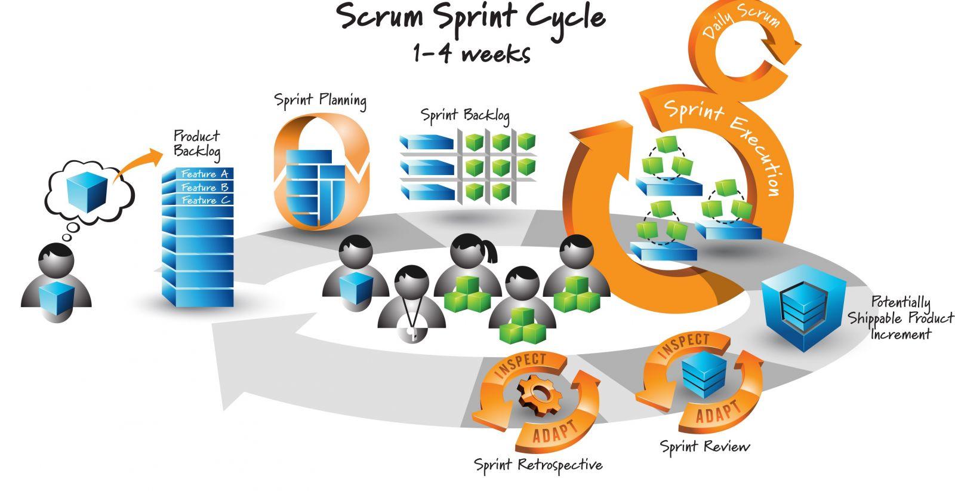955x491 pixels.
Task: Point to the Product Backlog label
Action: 196,144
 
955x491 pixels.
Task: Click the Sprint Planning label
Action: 321,99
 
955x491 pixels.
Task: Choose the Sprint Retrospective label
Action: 538,464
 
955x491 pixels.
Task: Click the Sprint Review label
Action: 704,446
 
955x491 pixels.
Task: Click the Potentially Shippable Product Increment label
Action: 901,318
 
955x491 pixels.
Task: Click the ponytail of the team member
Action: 491,252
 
